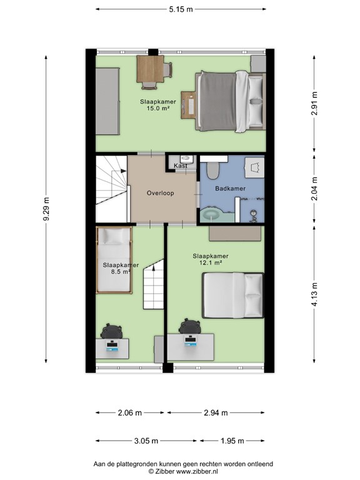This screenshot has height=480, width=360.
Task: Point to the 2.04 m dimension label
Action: pos(314,187)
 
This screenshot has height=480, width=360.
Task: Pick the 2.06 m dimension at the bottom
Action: pos(129,412)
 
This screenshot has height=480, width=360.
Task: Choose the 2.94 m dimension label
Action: pos(216,412)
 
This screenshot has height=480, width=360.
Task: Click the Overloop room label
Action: pos(161,193)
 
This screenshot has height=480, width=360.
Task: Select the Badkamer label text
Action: pos(230,188)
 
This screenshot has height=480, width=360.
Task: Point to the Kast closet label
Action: pos(181,166)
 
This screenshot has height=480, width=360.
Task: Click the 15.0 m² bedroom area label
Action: pos(158,108)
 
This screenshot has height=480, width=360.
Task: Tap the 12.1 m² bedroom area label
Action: pos(210,263)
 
